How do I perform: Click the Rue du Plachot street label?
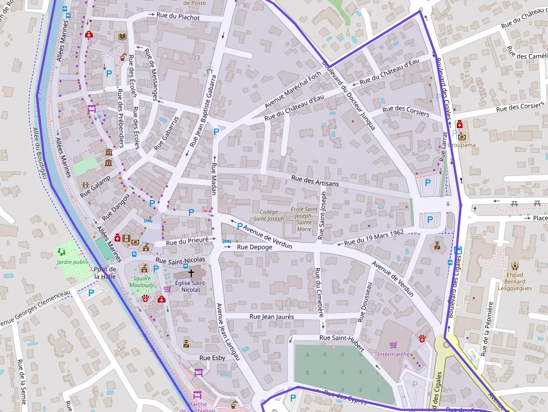(178, 17)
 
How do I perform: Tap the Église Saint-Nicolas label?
(191, 286)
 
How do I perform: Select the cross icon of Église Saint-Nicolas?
(191, 273)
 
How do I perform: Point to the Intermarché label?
(394, 354)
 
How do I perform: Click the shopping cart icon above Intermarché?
(394, 345)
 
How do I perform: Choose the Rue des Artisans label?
(315, 181)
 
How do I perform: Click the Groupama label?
(461, 145)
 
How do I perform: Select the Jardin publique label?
(73, 262)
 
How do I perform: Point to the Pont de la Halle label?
(105, 272)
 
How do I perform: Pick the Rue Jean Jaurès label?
(271, 316)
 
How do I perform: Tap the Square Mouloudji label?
(141, 281)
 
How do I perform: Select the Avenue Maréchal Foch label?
(293, 89)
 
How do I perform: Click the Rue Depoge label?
(254, 247)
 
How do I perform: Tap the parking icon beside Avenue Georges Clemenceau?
(91, 292)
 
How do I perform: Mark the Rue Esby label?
(212, 358)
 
